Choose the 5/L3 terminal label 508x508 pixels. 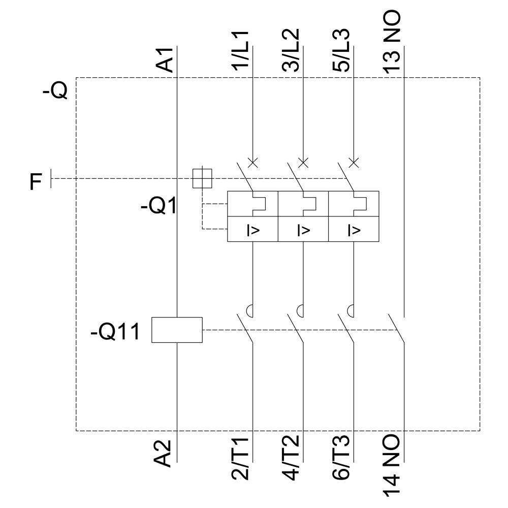click(342, 51)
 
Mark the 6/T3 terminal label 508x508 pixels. click(342, 458)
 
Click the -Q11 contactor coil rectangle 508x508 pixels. click(177, 330)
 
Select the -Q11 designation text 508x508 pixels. click(114, 334)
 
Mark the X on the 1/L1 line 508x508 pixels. click(252, 163)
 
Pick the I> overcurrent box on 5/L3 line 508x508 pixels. click(354, 229)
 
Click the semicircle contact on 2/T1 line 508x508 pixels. click(250, 309)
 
